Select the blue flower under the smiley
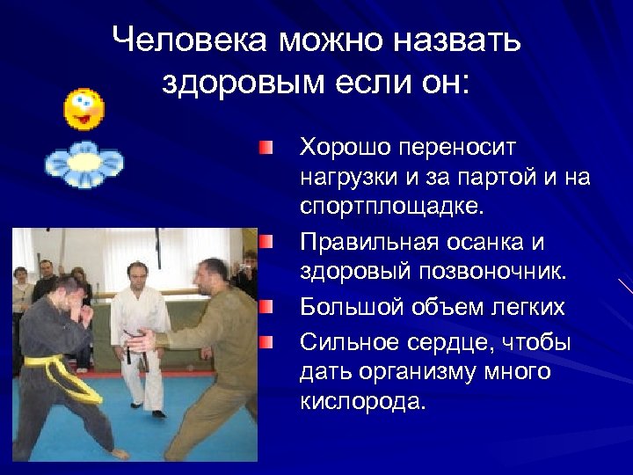point(84,164)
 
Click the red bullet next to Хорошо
point(266,146)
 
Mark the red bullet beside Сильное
point(266,340)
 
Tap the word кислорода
point(362,404)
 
